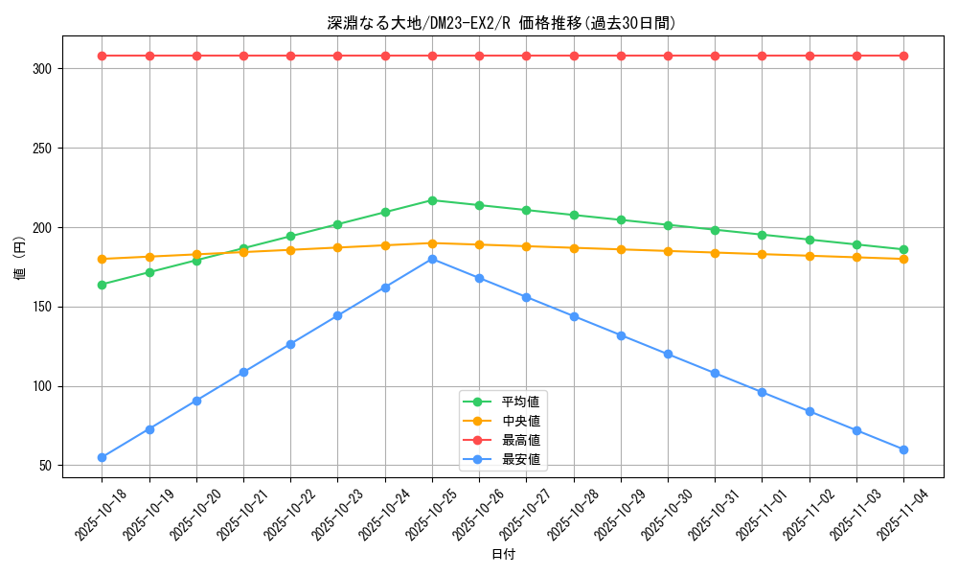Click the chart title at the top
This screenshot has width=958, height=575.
pos(501,24)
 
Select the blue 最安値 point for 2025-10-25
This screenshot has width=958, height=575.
pos(432,259)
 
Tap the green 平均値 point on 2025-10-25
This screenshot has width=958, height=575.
pos(432,200)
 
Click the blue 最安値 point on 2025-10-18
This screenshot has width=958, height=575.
pos(102,457)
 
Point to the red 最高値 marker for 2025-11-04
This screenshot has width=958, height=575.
pos(903,56)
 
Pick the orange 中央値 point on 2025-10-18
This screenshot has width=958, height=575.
pos(102,259)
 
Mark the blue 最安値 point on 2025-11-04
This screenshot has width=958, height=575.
pos(903,449)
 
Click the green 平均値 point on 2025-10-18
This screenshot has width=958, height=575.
pos(102,285)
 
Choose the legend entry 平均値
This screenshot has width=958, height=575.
pos(520,402)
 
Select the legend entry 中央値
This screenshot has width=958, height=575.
pos(520,421)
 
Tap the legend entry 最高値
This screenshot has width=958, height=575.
pos(520,441)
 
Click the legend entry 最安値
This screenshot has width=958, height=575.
pos(520,460)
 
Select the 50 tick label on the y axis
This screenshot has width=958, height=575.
pos(50,466)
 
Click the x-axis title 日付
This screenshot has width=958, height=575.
pos(503,555)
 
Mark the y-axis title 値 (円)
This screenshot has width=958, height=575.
pos(20,258)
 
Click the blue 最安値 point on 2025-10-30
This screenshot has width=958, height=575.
pos(668,355)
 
